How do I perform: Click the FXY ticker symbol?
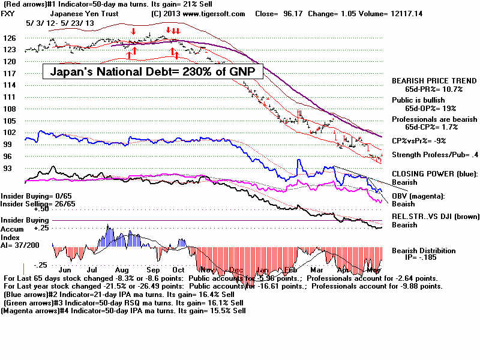(10, 13)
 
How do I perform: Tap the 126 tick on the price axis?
(10, 38)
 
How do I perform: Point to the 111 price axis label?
(10, 96)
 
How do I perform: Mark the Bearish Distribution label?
(424, 251)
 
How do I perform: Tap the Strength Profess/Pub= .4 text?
(431, 155)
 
